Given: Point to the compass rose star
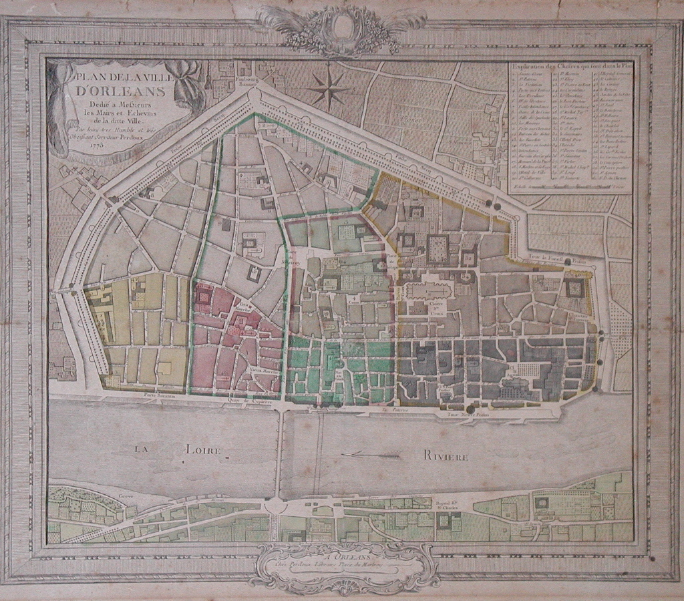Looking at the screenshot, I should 329,88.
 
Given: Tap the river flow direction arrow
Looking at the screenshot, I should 371,455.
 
